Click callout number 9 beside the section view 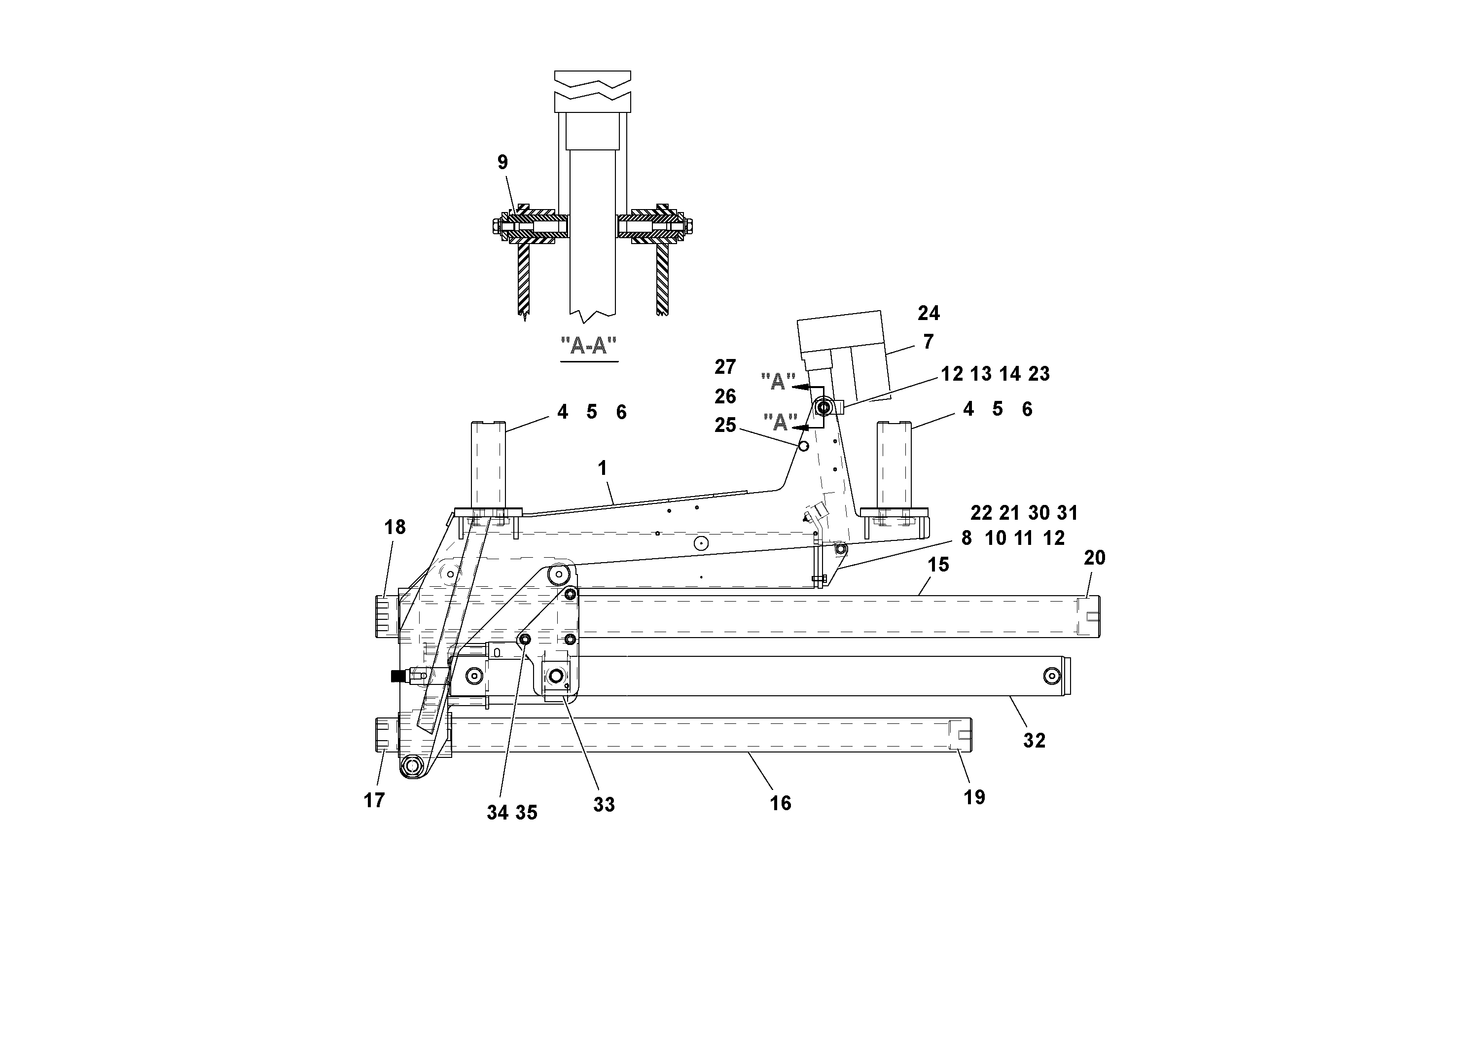502,162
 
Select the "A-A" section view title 588,346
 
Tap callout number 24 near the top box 929,313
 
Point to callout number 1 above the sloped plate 602,468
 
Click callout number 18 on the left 395,528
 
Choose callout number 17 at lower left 374,800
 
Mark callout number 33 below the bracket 604,805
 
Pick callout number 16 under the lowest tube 780,803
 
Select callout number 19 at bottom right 974,797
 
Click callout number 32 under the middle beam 1034,740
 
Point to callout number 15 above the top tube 938,565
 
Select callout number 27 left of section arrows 725,367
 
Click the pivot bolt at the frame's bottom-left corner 410,765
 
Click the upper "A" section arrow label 778,382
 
